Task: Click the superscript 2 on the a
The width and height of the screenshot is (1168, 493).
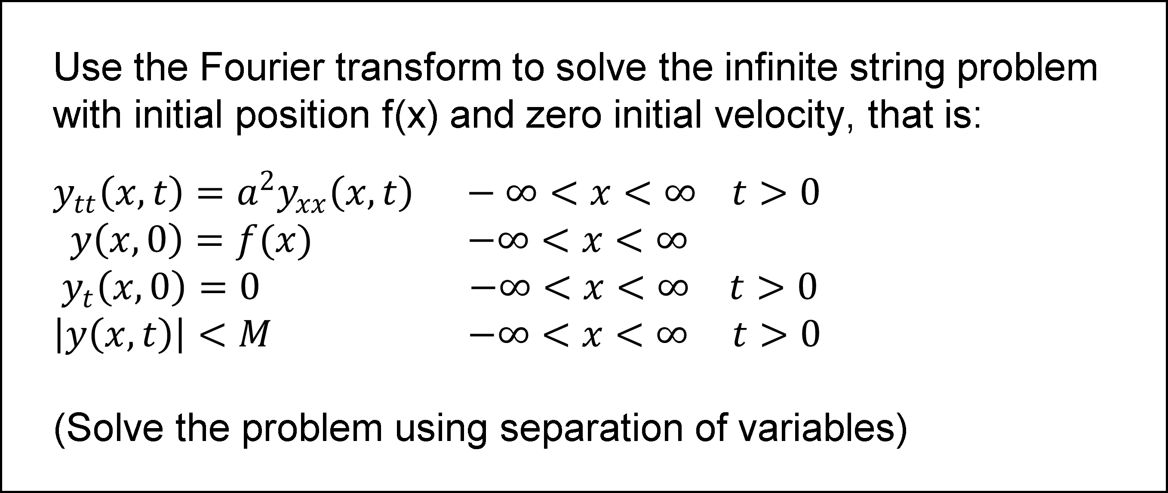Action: [268, 180]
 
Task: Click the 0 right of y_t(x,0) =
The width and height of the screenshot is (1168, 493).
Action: [249, 287]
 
